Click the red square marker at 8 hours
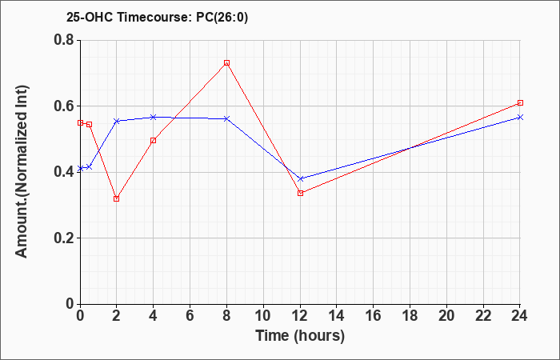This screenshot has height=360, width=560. [x=226, y=63]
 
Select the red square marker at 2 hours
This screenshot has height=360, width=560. [x=117, y=198]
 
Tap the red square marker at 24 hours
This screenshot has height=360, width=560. [x=520, y=103]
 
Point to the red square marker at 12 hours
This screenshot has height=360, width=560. [x=300, y=194]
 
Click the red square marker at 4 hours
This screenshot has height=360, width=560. [x=154, y=140]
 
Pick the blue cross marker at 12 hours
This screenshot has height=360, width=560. [x=300, y=178]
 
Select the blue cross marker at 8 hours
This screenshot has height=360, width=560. [x=226, y=118]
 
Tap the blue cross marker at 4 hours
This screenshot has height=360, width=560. [x=154, y=117]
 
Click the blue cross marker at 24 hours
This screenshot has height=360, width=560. [x=520, y=117]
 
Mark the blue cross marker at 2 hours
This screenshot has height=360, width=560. [x=117, y=121]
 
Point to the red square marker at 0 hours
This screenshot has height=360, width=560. [x=80, y=123]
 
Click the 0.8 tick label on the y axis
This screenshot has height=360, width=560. [x=64, y=40]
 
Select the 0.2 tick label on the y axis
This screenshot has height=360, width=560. [x=64, y=238]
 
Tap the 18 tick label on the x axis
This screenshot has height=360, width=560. [x=410, y=316]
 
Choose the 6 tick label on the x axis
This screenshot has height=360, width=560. [x=190, y=316]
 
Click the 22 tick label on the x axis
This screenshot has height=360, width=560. [x=483, y=316]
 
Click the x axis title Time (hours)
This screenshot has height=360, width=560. [x=300, y=336]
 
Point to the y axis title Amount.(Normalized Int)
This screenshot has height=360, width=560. [x=22, y=172]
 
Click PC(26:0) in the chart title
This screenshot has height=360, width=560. [x=222, y=18]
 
